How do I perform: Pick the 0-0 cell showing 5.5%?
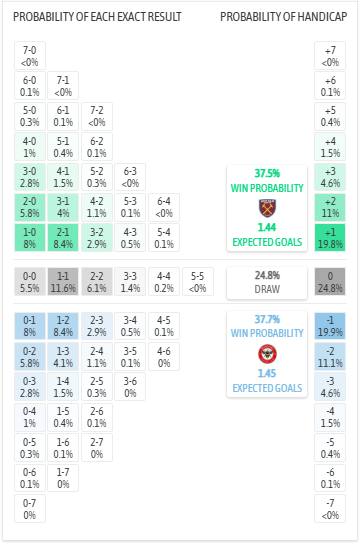(29, 281)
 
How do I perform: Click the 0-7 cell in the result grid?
(29, 509)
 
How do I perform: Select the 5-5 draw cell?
(199, 281)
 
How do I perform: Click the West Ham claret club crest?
(266, 208)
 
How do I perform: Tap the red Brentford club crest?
(266, 353)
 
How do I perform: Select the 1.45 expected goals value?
(266, 373)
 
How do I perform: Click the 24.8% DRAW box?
(266, 281)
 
